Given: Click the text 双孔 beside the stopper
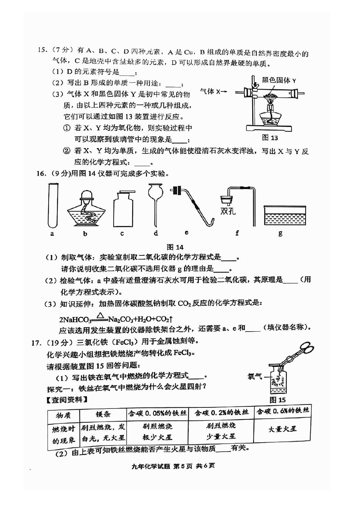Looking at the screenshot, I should coord(228,211).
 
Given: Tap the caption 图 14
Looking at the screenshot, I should coord(175,247).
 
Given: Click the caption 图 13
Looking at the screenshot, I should coord(270,138).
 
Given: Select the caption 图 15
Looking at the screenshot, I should coord(278,400).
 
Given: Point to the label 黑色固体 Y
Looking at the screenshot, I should coord(279,80).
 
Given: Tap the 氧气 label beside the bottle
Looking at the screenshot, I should coord(255,377).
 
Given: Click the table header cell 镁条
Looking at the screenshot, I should coord(103,414).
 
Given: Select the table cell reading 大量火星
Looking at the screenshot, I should coord(282,429).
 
